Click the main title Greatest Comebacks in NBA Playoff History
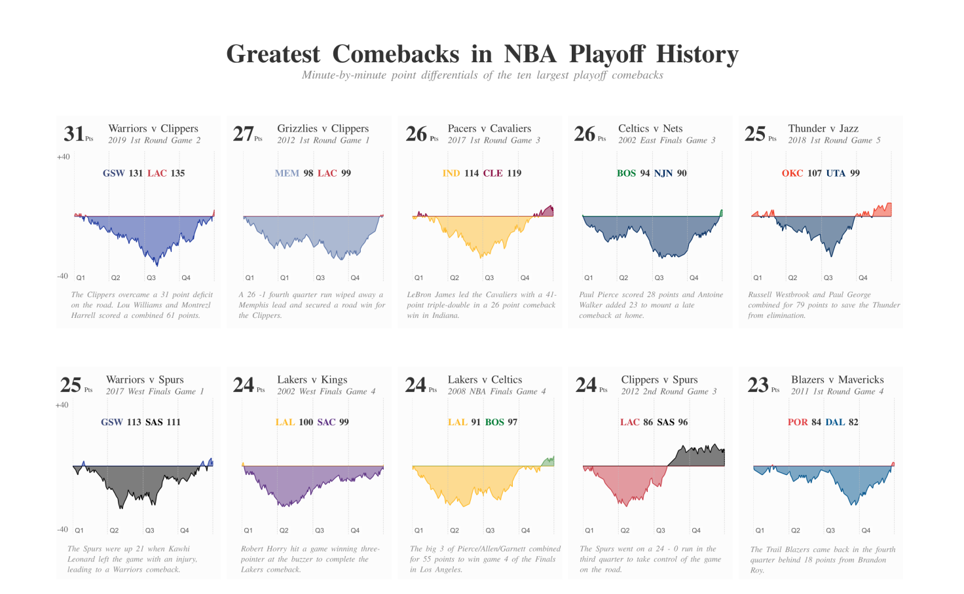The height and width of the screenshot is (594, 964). [482, 54]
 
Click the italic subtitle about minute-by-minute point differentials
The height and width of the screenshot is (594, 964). [482, 75]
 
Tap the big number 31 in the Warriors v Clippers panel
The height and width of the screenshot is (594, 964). [73, 134]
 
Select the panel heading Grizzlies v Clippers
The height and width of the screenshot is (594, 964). [323, 129]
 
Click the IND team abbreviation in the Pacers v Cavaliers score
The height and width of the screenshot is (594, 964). [451, 173]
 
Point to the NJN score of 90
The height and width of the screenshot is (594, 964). [681, 173]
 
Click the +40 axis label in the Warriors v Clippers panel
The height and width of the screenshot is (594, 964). [63, 157]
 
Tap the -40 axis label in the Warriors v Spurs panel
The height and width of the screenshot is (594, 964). [62, 530]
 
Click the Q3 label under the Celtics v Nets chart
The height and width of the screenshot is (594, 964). [659, 278]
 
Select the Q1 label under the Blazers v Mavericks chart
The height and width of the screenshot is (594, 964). [760, 531]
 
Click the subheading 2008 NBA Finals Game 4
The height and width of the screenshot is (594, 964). [496, 392]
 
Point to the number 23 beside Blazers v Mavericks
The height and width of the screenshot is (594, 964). [758, 385]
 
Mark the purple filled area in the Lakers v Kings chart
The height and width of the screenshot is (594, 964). [288, 484]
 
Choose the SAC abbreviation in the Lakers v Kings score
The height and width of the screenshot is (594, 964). [326, 423]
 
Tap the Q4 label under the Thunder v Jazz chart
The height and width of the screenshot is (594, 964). [863, 278]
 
